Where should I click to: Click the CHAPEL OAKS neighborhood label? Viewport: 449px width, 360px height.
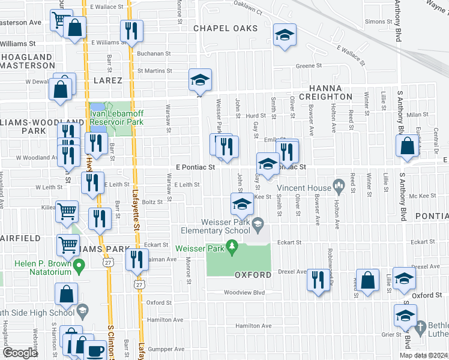coord(225,28)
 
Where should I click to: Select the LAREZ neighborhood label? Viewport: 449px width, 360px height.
coord(107,80)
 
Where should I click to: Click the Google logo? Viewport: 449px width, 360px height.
coord(20,352)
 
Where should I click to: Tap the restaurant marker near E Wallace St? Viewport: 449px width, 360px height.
coord(131,31)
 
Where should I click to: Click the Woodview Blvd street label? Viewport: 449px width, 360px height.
coord(244,293)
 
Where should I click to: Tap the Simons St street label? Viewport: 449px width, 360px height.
coord(378,21)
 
